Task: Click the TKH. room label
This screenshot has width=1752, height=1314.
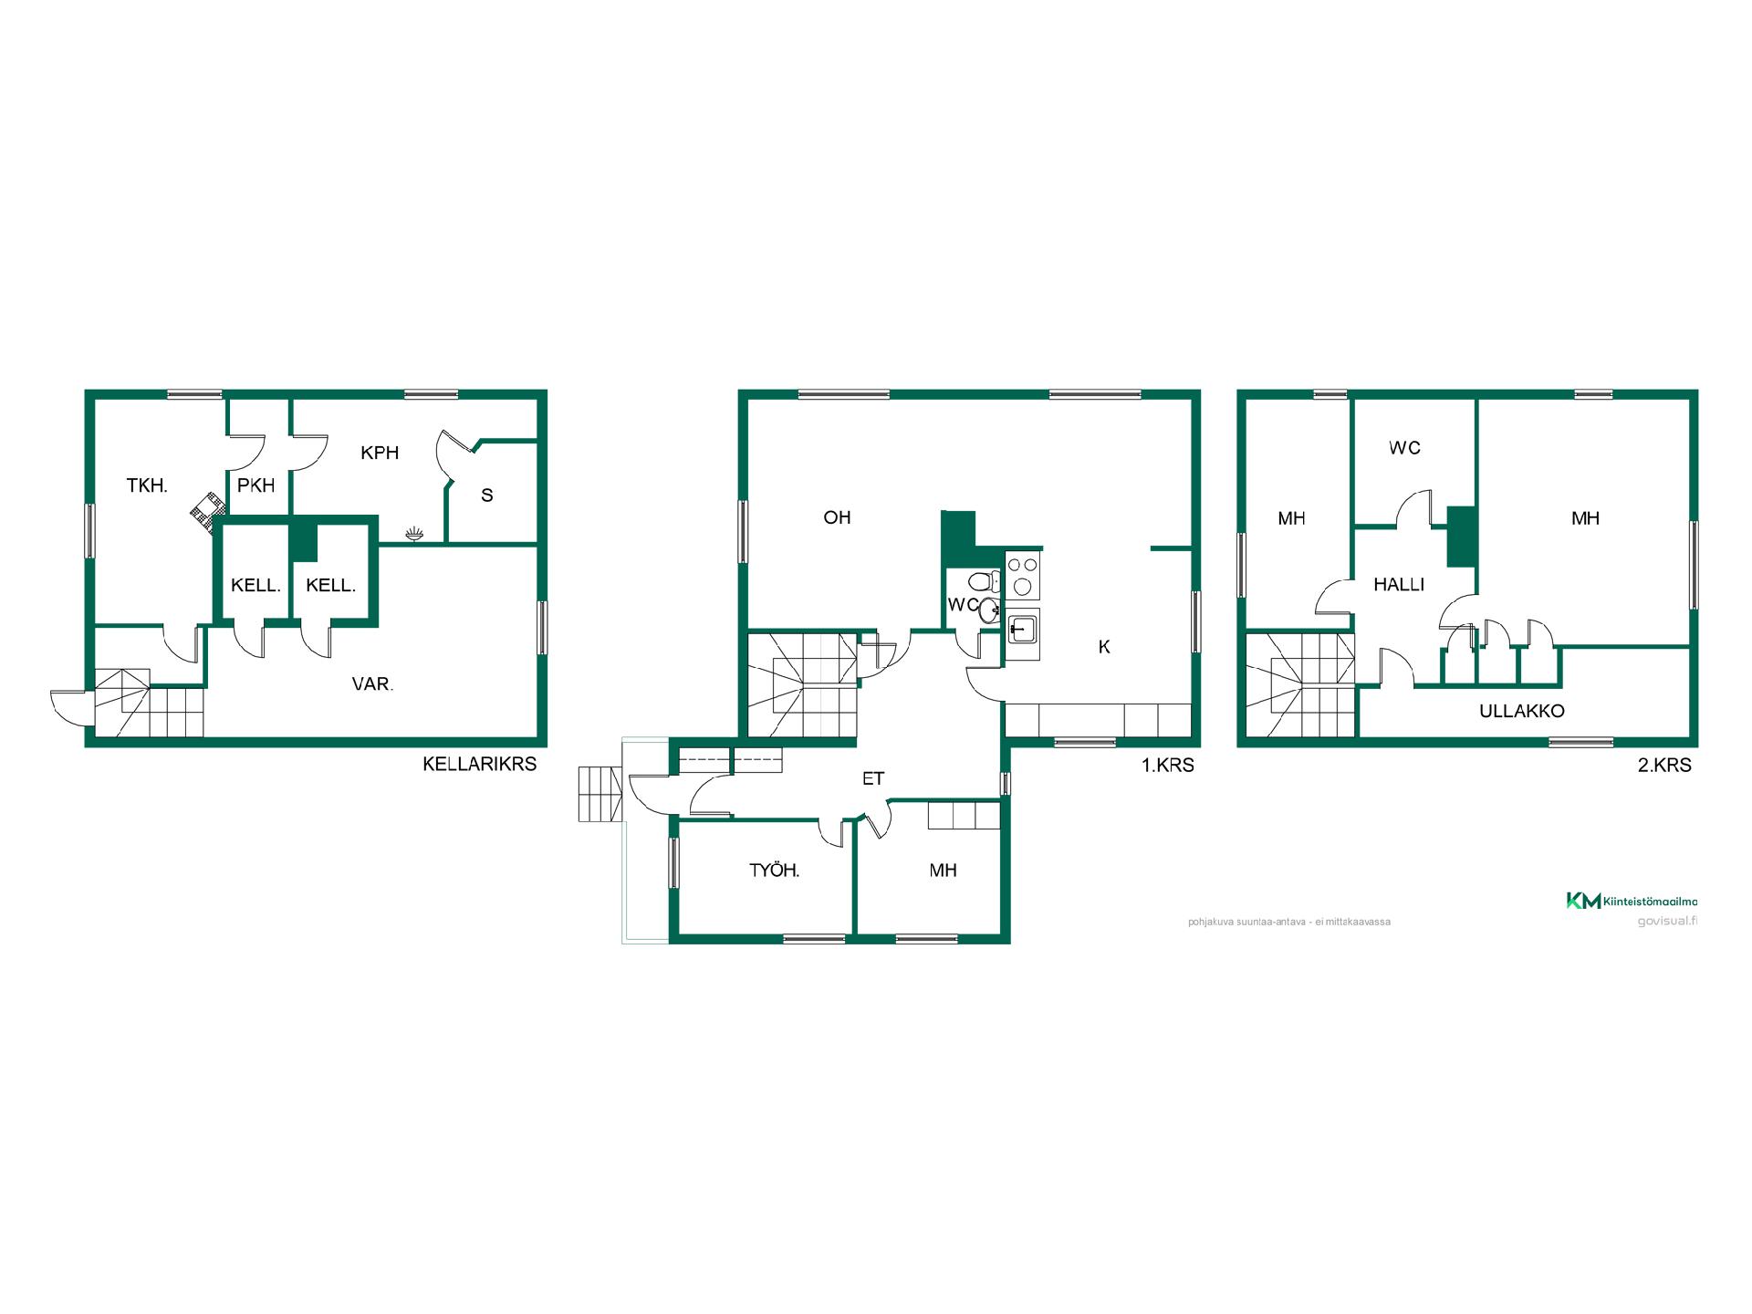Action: (x=147, y=485)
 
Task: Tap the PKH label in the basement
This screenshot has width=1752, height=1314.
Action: (x=255, y=485)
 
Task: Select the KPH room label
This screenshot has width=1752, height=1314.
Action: (x=380, y=453)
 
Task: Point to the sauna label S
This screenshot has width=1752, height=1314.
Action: (x=487, y=495)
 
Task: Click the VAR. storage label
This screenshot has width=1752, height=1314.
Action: (x=372, y=683)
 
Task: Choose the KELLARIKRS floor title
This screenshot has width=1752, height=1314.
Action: (x=479, y=764)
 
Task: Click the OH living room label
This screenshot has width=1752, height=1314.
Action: (x=837, y=517)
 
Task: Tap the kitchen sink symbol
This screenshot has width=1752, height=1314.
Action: (x=1023, y=629)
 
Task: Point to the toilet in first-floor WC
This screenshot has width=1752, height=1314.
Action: (x=984, y=582)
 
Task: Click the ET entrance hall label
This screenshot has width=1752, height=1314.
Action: (x=873, y=778)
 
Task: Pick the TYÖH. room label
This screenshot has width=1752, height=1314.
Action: (x=774, y=871)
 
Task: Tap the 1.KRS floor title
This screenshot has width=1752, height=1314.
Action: (x=1168, y=766)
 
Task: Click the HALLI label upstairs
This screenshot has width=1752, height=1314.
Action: (x=1399, y=584)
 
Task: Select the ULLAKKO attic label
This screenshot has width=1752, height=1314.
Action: (x=1522, y=711)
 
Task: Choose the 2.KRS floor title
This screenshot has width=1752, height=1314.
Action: (x=1664, y=766)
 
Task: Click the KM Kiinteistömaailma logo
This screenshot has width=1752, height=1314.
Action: (x=1632, y=901)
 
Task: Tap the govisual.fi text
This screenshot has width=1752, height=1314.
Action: (x=1667, y=921)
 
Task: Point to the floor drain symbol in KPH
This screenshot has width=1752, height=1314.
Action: (x=415, y=532)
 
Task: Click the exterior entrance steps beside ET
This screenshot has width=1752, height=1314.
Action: (x=600, y=794)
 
